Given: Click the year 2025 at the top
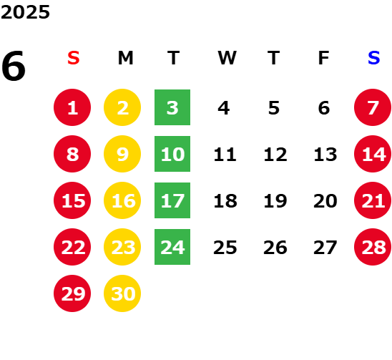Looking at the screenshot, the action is click(x=25, y=12).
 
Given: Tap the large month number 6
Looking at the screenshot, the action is click(x=14, y=66).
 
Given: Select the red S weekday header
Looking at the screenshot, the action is click(x=74, y=58).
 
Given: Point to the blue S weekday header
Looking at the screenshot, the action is click(x=374, y=58).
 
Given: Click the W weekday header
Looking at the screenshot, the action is click(x=227, y=58).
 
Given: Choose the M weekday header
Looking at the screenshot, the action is click(x=125, y=58).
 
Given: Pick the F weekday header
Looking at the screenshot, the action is click(x=324, y=58).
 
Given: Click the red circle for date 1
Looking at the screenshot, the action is click(x=72, y=107).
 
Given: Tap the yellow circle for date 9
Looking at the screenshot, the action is click(x=122, y=154).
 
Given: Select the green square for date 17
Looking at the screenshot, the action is click(x=172, y=200).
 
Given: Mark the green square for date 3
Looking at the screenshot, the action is click(x=172, y=107).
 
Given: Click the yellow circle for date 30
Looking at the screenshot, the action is click(x=122, y=293).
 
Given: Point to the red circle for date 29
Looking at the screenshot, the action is click(x=72, y=293).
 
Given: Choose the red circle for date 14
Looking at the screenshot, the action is click(x=373, y=154).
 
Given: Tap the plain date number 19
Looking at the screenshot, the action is click(x=275, y=200).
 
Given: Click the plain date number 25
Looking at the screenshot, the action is click(x=225, y=248).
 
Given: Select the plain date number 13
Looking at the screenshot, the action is click(x=325, y=154).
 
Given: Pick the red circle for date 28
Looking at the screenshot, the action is click(x=373, y=247).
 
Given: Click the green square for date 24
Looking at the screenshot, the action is click(x=172, y=247).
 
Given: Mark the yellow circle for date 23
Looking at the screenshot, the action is click(x=122, y=247).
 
